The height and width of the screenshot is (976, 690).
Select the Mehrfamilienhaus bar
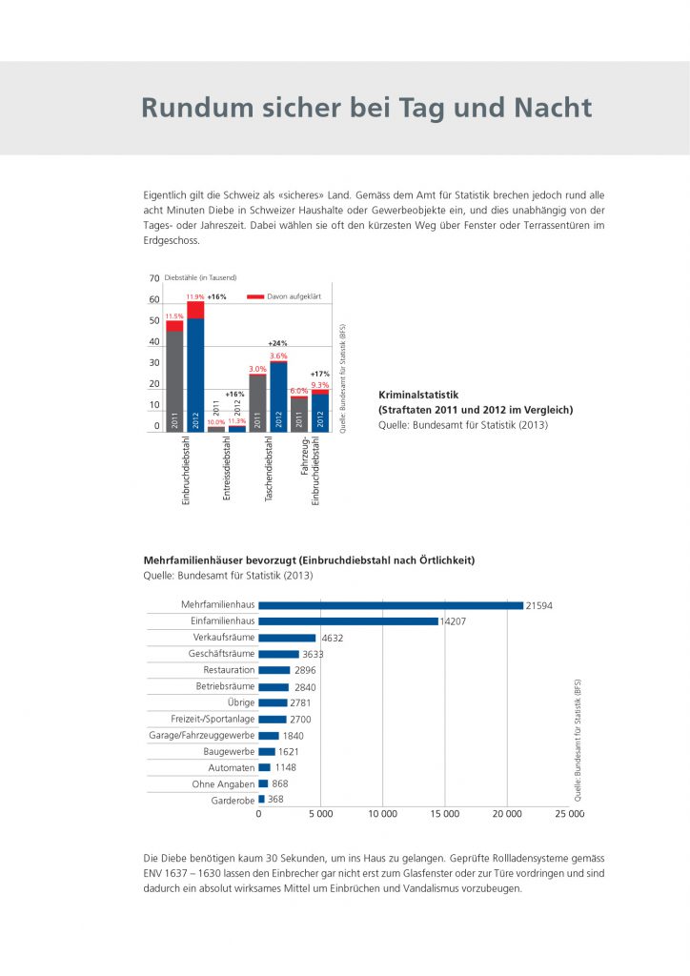pos(391,605)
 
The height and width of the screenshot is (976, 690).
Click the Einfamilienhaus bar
pos(348,621)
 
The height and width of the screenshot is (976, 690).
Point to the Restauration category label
pos(229,670)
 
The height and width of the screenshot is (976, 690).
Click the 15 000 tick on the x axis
pos(445,815)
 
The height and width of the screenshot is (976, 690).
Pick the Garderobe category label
pos(233,801)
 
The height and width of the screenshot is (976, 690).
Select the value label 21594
pos(539,605)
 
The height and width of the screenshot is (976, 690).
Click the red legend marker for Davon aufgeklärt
pos(254,297)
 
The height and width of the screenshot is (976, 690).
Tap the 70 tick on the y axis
pos(154,278)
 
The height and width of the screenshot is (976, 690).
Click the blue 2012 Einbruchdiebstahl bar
pos(195,372)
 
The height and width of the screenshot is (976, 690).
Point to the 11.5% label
pos(174,316)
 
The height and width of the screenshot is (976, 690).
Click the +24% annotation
pos(277,343)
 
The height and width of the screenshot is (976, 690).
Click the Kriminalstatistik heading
pos(419,394)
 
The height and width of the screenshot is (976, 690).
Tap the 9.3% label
pos(320,384)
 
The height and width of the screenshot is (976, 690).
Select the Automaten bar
pos(264,767)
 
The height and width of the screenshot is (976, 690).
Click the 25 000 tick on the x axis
pos(569,815)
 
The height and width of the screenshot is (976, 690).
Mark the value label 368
pos(275,800)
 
